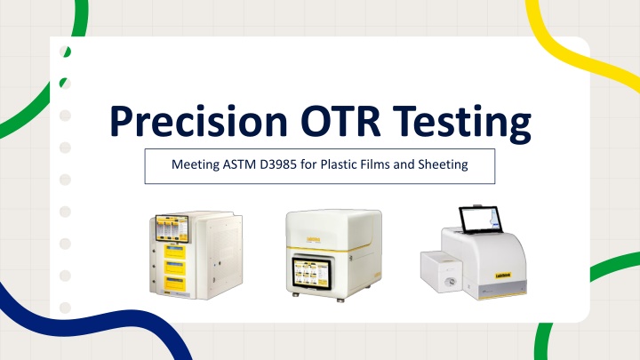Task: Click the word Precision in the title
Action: click(x=199, y=121)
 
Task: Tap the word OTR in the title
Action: click(x=340, y=121)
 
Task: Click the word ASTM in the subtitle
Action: click(x=239, y=164)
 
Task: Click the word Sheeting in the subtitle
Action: click(x=443, y=165)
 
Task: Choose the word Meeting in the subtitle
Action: click(x=196, y=165)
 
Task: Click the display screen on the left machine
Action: click(x=172, y=228)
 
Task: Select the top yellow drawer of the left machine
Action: click(x=175, y=252)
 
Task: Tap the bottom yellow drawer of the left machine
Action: click(x=175, y=284)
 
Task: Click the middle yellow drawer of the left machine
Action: click(x=175, y=268)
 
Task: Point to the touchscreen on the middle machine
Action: click(x=311, y=272)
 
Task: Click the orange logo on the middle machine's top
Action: click(x=314, y=239)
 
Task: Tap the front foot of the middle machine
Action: click(x=340, y=300)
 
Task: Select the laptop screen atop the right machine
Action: click(x=478, y=220)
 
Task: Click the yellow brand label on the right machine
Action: click(x=503, y=276)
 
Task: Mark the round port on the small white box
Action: click(x=451, y=281)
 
